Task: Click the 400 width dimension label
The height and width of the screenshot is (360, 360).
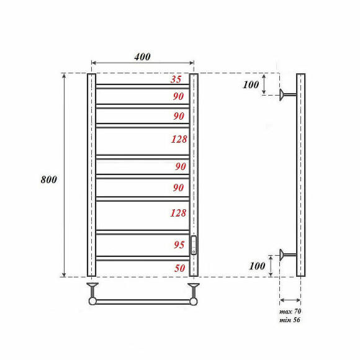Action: coord(142,56)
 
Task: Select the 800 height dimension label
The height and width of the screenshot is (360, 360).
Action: coord(48,179)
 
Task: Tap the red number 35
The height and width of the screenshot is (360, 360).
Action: coord(176,79)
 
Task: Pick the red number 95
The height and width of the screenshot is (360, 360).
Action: coord(179,245)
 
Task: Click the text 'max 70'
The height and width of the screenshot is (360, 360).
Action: coord(290,310)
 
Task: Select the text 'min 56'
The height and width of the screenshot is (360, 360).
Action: coord(290,320)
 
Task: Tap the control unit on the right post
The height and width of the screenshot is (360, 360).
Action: coord(194,246)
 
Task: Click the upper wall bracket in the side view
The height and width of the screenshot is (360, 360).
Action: coord(287,94)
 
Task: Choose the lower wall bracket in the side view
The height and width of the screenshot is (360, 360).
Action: coord(287,253)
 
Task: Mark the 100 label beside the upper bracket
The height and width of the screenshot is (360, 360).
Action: coord(251,85)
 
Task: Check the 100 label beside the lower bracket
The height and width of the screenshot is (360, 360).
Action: coord(257,266)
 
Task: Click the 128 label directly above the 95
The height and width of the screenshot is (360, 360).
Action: coord(179,213)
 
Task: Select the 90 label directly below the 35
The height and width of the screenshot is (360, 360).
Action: coord(179,96)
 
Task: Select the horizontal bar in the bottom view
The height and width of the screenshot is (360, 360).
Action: coord(143,302)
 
